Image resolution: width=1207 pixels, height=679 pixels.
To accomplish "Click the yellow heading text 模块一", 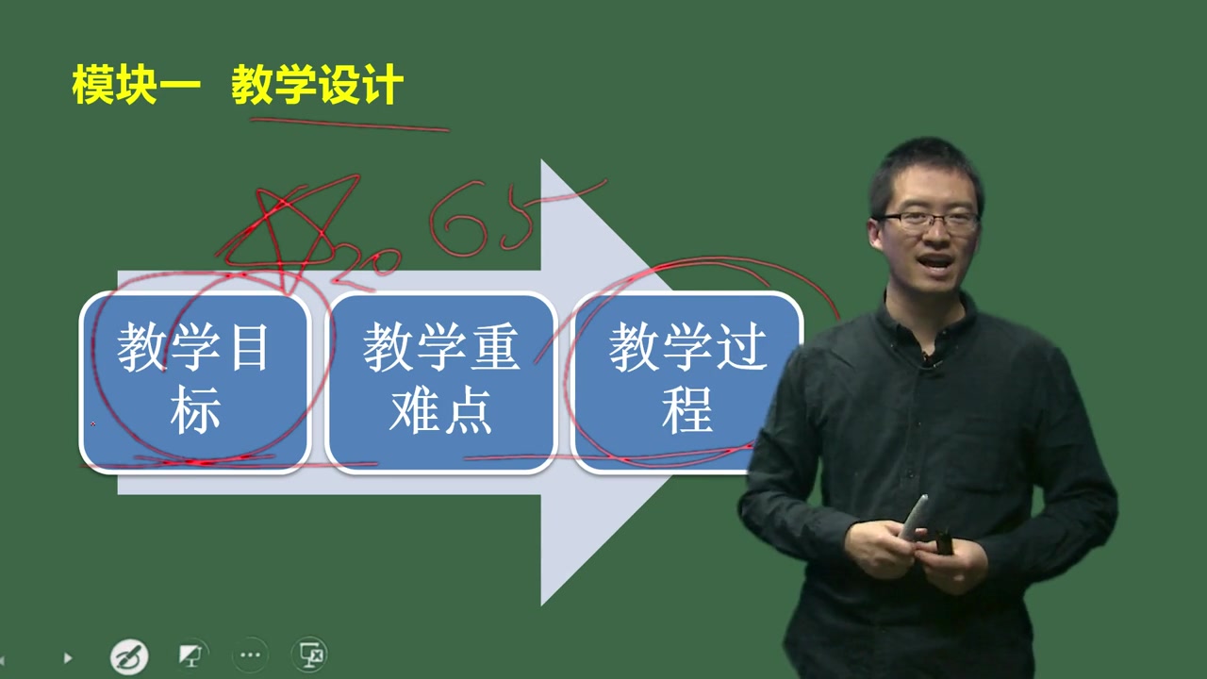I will point(137,86).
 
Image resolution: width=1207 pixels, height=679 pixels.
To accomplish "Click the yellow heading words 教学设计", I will point(317,86).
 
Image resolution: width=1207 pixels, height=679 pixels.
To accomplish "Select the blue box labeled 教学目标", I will point(195,381).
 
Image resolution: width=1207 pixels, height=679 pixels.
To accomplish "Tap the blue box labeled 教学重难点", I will point(440,381).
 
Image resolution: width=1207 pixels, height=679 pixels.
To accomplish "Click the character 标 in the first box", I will point(195,413).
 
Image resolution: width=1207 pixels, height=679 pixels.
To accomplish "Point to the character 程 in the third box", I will point(686,413).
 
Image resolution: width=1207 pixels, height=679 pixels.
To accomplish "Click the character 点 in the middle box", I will point(468,413).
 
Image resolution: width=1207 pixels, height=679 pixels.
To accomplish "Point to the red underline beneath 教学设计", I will point(349,124).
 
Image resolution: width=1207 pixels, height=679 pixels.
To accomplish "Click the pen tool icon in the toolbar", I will point(129,655).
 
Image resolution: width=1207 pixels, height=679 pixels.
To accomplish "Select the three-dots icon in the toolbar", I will point(250,654).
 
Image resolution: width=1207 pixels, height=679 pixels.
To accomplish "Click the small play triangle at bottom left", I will point(67,657).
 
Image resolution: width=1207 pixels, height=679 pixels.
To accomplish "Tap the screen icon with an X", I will point(310,654).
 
